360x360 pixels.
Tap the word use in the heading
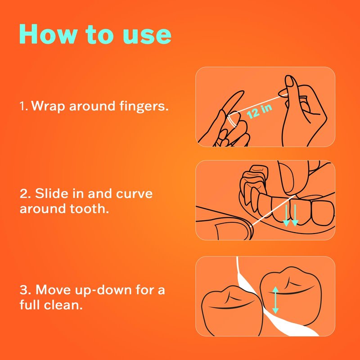[147, 36]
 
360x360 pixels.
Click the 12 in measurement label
[260, 111]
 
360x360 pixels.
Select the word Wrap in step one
[48, 106]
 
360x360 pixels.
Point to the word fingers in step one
[144, 106]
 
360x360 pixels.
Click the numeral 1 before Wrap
[23, 106]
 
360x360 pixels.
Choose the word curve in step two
[134, 194]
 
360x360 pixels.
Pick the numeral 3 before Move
[24, 290]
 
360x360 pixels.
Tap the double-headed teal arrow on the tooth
[275, 300]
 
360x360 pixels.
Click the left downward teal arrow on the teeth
[286, 216]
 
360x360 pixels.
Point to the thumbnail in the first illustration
[290, 81]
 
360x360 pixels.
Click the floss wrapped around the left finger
[232, 121]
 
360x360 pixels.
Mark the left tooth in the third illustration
[232, 311]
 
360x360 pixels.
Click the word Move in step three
[53, 290]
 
